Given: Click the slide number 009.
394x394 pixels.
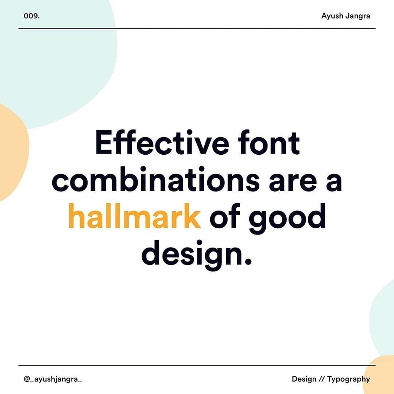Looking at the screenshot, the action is pyautogui.click(x=32, y=16).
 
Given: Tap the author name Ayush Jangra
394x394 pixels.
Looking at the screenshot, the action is pyautogui.click(x=345, y=16).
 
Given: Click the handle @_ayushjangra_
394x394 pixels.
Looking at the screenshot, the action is pyautogui.click(x=53, y=379).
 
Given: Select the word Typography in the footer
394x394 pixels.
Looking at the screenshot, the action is pyautogui.click(x=348, y=379).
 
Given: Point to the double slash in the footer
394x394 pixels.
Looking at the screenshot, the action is pyautogui.click(x=322, y=379).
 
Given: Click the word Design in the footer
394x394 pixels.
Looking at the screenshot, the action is pyautogui.click(x=304, y=379).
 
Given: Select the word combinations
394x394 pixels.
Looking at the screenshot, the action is pyautogui.click(x=156, y=179).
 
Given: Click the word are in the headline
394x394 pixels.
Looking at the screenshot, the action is pyautogui.click(x=293, y=181).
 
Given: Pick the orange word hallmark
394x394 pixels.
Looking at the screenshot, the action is pyautogui.click(x=134, y=216).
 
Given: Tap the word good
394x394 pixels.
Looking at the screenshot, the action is pyautogui.click(x=287, y=219).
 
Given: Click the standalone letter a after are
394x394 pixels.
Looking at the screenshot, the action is pyautogui.click(x=334, y=181).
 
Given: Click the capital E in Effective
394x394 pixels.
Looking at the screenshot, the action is pyautogui.click(x=104, y=143).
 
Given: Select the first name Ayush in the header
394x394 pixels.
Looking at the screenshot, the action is pyautogui.click(x=332, y=16).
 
